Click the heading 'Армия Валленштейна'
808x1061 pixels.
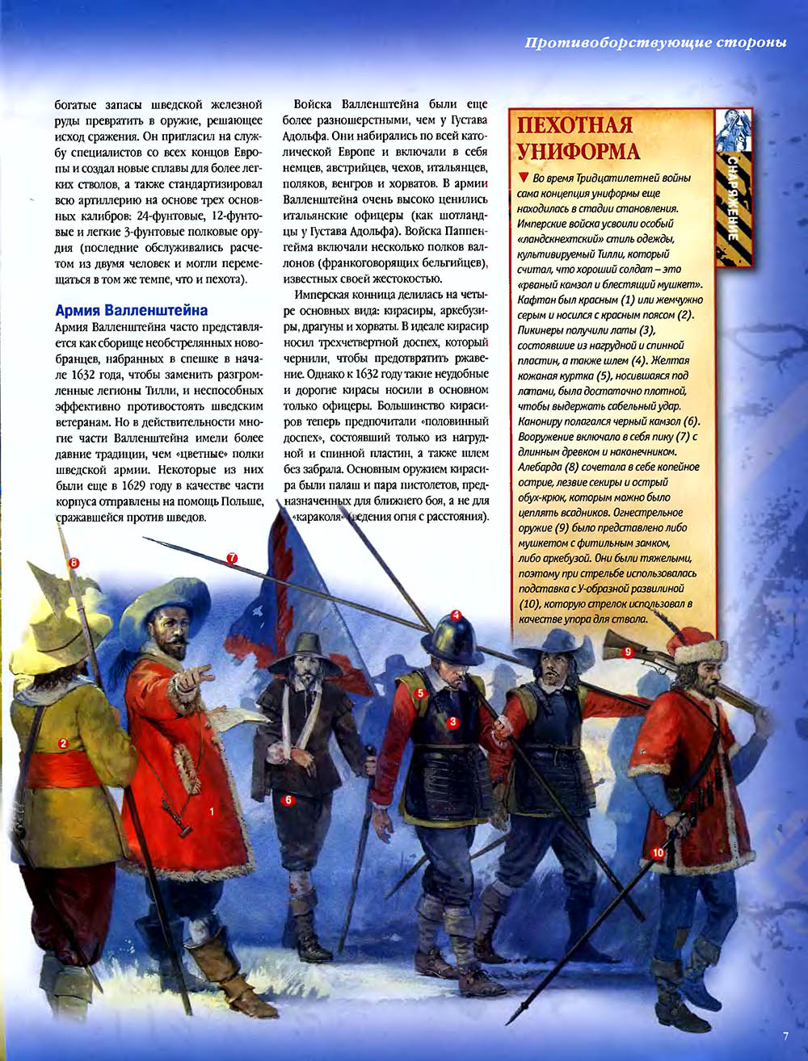(131, 310)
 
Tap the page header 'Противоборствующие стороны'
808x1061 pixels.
(655, 42)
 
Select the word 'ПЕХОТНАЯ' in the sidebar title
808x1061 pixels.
(575, 126)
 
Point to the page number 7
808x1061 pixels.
(785, 1037)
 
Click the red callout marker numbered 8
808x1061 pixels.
(74, 563)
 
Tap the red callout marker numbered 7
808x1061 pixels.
(232, 558)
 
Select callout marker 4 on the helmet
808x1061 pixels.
(456, 615)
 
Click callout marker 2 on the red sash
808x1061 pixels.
(63, 743)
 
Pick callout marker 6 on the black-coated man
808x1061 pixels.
(287, 800)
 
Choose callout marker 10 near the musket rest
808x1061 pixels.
(658, 852)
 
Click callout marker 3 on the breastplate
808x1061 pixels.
(453, 722)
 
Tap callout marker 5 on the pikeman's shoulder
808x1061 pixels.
(420, 693)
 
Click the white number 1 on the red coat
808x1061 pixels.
(212, 810)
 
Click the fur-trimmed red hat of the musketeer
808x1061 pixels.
(696, 644)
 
